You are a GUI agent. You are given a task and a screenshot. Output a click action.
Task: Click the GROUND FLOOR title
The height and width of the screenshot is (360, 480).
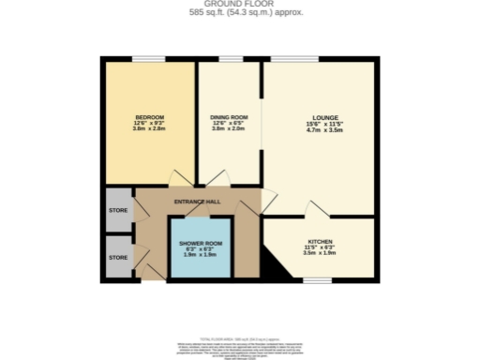240,5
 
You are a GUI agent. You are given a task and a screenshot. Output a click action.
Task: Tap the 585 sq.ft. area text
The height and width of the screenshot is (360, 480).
240,14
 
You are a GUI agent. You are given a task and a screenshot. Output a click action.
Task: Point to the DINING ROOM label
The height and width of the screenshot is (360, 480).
229,116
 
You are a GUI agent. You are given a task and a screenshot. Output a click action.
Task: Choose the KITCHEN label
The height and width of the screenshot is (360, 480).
320,240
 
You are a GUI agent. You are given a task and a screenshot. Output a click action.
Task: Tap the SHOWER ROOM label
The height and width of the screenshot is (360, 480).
200,242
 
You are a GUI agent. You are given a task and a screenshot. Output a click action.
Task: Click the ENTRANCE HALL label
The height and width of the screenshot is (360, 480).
197,202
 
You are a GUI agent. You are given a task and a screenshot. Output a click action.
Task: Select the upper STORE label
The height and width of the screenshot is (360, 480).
117,210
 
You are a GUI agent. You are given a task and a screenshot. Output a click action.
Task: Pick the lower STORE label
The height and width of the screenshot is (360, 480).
117,256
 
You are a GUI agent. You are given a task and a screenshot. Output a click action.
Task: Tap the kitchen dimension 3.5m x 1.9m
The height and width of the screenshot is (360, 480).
320,252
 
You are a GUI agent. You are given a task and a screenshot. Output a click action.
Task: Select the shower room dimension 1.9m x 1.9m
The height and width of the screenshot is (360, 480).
200,254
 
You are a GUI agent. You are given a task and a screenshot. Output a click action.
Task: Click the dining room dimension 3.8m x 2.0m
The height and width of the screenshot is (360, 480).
229,129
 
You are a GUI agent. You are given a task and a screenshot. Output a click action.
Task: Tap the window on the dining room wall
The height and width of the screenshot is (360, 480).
231,59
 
